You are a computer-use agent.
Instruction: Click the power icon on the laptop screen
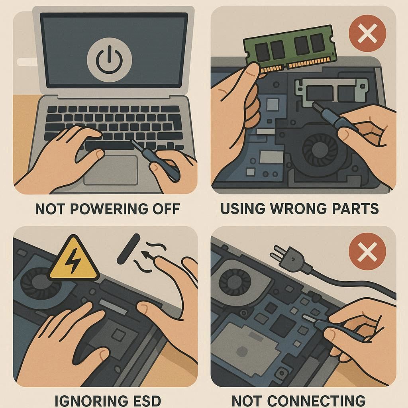click(x=109, y=60)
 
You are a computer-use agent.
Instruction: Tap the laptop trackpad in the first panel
click(x=111, y=170)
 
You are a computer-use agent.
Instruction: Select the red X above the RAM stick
click(x=367, y=33)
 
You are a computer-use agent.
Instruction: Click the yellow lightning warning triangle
click(x=74, y=259)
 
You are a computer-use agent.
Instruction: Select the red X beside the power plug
click(x=367, y=251)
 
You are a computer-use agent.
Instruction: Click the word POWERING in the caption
click(x=107, y=209)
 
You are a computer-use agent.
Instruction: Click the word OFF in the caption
click(x=166, y=209)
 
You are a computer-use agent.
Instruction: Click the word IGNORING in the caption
click(x=91, y=401)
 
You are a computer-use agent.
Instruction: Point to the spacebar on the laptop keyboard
click(x=109, y=145)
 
